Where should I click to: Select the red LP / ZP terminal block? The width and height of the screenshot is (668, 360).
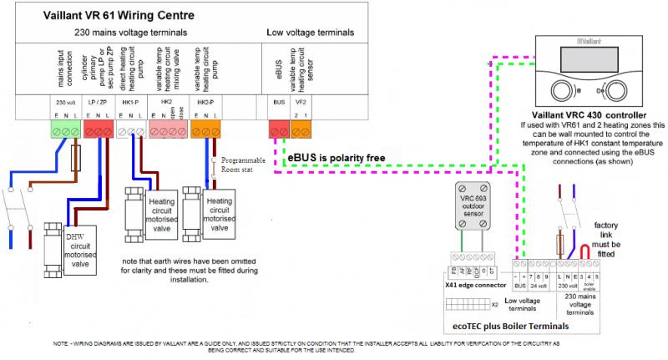[x=97, y=130]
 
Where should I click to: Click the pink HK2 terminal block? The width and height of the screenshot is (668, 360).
[x=169, y=130]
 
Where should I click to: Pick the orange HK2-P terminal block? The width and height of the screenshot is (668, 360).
[x=205, y=130]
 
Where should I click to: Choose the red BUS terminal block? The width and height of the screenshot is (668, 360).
[x=278, y=130]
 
